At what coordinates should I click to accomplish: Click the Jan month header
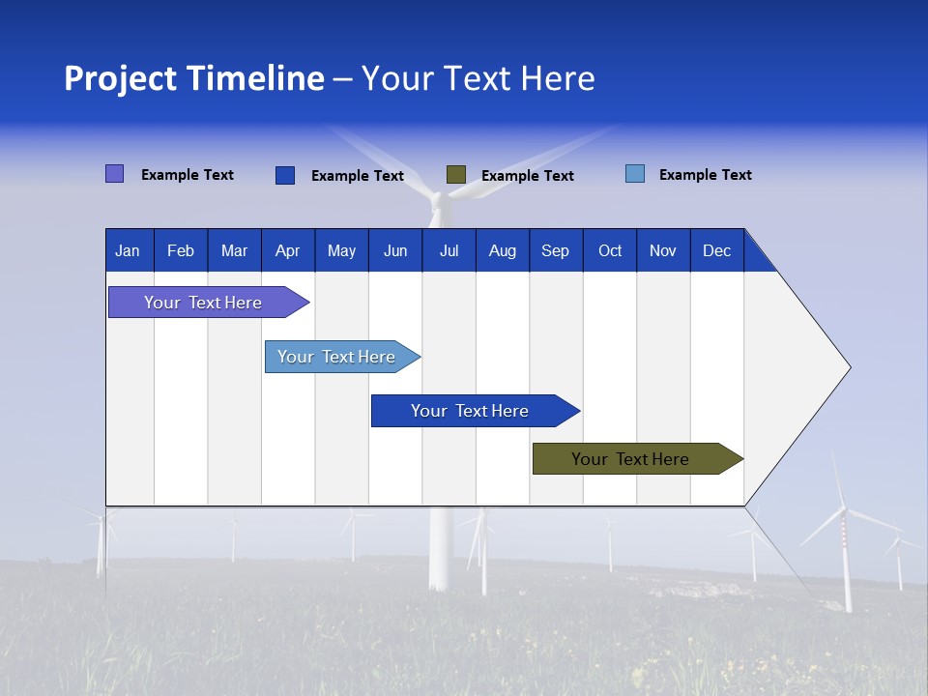pos(128,250)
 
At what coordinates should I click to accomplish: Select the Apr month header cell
pos(287,250)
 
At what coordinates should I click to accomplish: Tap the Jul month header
pos(449,250)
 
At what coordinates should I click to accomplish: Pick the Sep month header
pos(555,250)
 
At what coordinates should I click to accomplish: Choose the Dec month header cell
pos(716,250)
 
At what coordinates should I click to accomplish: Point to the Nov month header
pos(662,250)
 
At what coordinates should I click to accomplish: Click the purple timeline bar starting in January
pos(203,303)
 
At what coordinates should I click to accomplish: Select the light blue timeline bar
pos(336,357)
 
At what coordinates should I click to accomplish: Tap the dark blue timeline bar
pos(470,411)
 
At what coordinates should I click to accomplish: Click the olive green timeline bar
pos(630,459)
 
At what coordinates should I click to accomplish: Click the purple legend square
pos(114,174)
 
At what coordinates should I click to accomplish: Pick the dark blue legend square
pos(284,175)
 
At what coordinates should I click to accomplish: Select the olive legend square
pos(456,174)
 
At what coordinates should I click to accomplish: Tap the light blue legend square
pos(635,174)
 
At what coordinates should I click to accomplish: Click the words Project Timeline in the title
pos(193,78)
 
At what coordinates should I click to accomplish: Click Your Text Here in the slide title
pos(478,78)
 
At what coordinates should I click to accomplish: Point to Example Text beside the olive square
pos(527,175)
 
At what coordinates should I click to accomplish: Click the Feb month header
pos(181,250)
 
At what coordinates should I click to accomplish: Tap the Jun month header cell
pos(394,250)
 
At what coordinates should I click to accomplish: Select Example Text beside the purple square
pos(187,175)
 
